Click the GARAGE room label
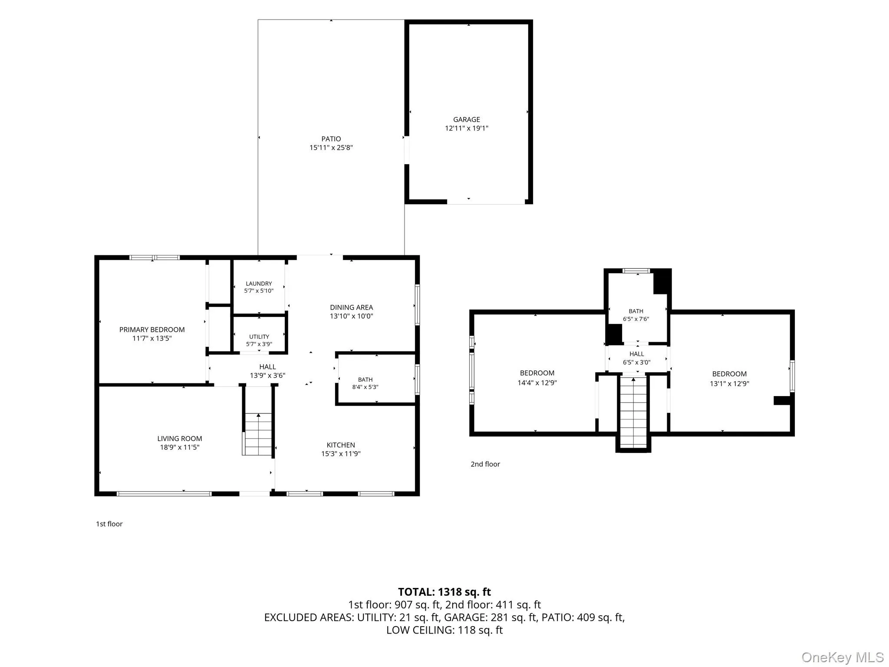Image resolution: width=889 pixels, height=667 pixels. pyautogui.click(x=467, y=119)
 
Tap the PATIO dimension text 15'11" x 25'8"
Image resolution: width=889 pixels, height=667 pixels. pyautogui.click(x=331, y=148)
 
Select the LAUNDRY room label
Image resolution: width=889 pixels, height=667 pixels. pyautogui.click(x=259, y=284)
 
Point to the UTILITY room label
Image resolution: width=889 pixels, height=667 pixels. pyautogui.click(x=259, y=337)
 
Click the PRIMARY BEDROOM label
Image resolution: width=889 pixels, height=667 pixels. pyautogui.click(x=152, y=330)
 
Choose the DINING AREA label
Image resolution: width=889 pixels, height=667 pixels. pyautogui.click(x=352, y=307)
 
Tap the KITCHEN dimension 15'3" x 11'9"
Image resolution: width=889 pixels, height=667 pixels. pyautogui.click(x=341, y=454)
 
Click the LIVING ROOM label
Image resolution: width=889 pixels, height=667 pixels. pyautogui.click(x=180, y=439)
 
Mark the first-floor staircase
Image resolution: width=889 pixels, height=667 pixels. pyautogui.click(x=258, y=434)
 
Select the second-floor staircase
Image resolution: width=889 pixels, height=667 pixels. pyautogui.click(x=633, y=413)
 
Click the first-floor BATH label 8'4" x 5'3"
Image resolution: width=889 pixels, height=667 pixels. pyautogui.click(x=365, y=383)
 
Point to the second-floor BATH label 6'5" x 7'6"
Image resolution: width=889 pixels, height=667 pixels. pyautogui.click(x=636, y=315)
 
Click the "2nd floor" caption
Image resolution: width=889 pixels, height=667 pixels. pyautogui.click(x=485, y=464)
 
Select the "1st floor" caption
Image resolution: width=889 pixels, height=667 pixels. pyautogui.click(x=109, y=524)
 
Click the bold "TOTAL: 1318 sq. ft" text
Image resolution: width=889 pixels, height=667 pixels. pyautogui.click(x=444, y=592)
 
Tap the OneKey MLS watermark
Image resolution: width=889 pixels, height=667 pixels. pyautogui.click(x=843, y=657)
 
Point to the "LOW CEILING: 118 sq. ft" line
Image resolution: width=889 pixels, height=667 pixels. pyautogui.click(x=444, y=630)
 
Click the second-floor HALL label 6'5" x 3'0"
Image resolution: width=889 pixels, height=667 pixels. pyautogui.click(x=637, y=358)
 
